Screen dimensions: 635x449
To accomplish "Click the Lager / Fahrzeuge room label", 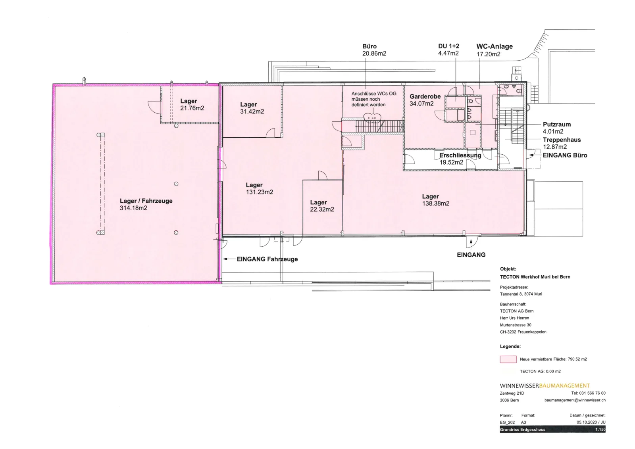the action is (x=146, y=201).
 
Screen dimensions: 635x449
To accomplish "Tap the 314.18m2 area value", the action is (x=133, y=208).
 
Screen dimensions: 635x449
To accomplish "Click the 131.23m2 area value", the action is (x=260, y=192).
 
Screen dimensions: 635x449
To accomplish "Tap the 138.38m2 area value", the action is (x=436, y=203).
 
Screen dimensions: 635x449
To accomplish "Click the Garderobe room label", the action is (x=425, y=96).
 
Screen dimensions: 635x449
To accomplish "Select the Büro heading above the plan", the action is (x=369, y=46).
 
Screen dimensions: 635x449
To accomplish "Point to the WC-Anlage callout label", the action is (x=495, y=46).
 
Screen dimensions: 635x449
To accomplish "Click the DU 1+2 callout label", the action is (x=448, y=46).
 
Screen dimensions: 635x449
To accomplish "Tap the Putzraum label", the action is (x=557, y=124).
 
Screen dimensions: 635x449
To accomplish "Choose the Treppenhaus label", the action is (x=562, y=140).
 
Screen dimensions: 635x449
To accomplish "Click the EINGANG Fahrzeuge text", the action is (x=267, y=259).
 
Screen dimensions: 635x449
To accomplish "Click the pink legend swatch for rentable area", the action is (x=508, y=359).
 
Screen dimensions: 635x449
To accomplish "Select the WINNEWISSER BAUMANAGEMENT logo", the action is (x=545, y=386).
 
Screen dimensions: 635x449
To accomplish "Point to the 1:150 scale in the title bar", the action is (x=600, y=430).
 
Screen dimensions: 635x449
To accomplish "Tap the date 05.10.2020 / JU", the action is (x=591, y=422).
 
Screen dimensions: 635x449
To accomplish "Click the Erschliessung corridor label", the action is (x=460, y=155).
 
